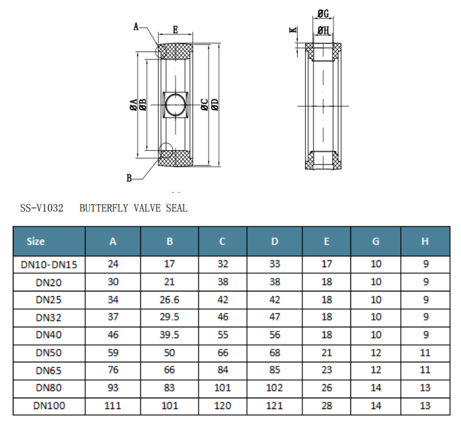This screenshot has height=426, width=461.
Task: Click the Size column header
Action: (36, 241)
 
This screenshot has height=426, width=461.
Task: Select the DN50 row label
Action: (49, 353)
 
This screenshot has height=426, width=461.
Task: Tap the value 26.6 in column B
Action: (169, 300)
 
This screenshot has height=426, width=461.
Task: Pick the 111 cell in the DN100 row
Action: (113, 406)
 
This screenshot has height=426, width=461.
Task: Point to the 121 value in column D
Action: (275, 406)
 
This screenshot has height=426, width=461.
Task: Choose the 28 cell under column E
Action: (327, 406)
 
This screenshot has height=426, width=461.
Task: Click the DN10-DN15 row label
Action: (49, 264)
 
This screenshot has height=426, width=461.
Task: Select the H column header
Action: (425, 241)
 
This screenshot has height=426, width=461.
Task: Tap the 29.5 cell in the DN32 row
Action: (169, 317)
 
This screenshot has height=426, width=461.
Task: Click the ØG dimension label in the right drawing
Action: (323, 14)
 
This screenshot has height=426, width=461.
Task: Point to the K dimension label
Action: (292, 30)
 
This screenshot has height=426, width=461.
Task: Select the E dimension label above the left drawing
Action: (175, 30)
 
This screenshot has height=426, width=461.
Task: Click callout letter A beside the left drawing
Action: (136, 27)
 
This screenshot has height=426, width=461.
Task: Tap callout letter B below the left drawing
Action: (129, 178)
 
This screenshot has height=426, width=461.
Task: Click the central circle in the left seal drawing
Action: (176, 106)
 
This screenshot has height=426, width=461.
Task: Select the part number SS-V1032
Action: (41, 208)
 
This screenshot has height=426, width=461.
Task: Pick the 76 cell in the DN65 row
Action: (113, 371)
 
